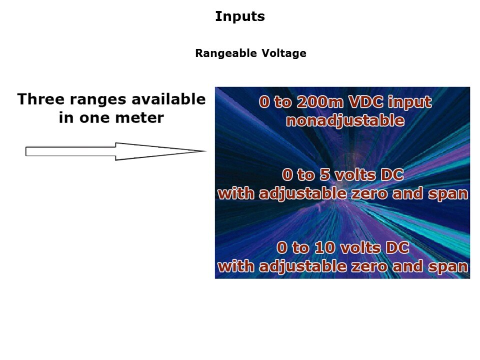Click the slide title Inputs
click(x=240, y=16)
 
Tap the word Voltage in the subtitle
click(x=284, y=53)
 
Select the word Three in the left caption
click(x=41, y=99)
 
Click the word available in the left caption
click(x=168, y=99)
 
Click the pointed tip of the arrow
click(x=206, y=150)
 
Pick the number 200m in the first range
click(x=320, y=102)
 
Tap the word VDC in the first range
click(x=366, y=102)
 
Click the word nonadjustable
click(x=345, y=120)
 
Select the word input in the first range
click(x=410, y=102)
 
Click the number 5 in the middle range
click(x=324, y=175)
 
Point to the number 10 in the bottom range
click(x=324, y=247)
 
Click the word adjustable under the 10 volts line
click(x=303, y=266)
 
